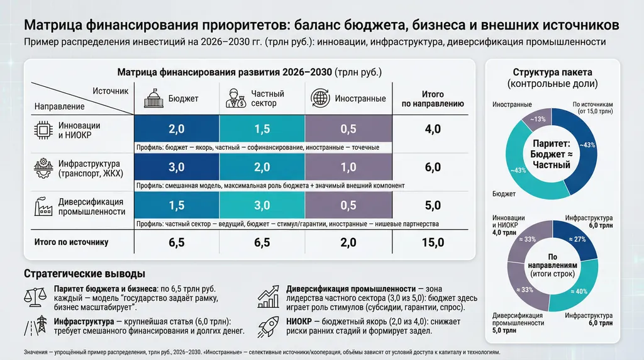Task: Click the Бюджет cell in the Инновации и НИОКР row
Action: click(x=176, y=129)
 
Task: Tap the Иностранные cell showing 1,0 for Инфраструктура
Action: click(x=348, y=167)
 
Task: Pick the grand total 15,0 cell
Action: click(x=433, y=242)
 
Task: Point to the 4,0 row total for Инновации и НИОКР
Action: click(x=433, y=129)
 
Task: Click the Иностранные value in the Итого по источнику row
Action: click(x=348, y=242)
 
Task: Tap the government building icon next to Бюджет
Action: click(x=153, y=98)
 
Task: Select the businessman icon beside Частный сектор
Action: click(x=236, y=98)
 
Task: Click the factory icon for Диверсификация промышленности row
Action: click(x=42, y=206)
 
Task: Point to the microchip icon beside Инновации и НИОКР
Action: click(x=42, y=129)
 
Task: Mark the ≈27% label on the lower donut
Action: click(x=579, y=239)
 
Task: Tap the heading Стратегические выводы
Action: click(x=84, y=274)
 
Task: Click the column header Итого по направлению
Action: click(x=433, y=98)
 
